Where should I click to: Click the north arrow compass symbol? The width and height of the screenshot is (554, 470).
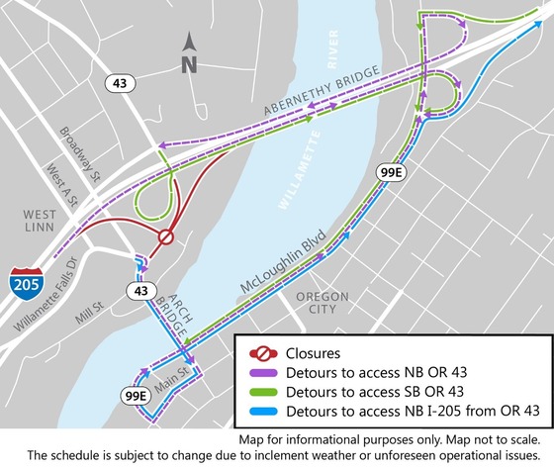coord(191,53)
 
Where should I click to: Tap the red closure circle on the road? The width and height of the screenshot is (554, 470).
coord(166,237)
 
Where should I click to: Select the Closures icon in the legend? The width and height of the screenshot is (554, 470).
coord(259,351)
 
